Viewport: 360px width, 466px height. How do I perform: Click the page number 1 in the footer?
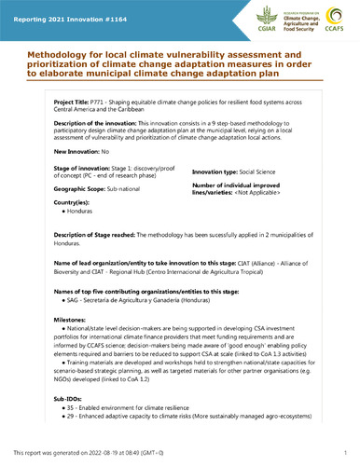[345, 452]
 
